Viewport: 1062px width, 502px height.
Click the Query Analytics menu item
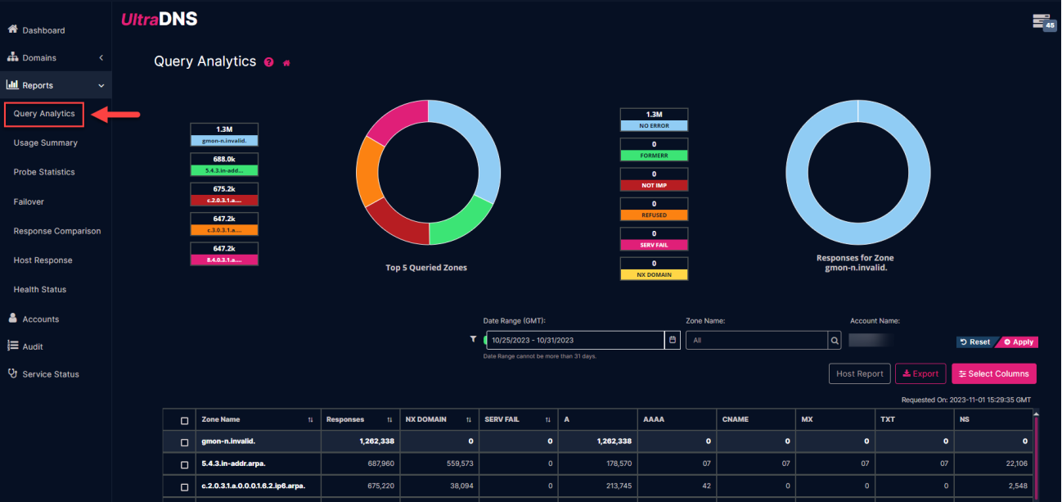44,114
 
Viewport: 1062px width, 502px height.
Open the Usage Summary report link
45,142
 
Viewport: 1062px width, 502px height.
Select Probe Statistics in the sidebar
44,172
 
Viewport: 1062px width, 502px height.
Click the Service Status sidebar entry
50,374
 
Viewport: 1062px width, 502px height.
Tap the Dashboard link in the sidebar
43,30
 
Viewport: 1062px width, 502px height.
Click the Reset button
974,341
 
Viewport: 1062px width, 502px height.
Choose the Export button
920,373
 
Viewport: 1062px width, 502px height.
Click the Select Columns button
993,373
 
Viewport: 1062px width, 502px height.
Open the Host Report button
859,373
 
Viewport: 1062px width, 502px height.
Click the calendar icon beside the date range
673,340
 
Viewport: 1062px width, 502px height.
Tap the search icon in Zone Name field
835,340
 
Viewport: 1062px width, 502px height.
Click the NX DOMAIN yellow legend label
654,274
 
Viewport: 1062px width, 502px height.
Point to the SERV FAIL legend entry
654,245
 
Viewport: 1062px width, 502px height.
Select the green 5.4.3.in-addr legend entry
224,170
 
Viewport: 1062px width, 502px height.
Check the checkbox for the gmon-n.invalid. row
184,441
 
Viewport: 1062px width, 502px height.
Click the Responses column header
345,419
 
